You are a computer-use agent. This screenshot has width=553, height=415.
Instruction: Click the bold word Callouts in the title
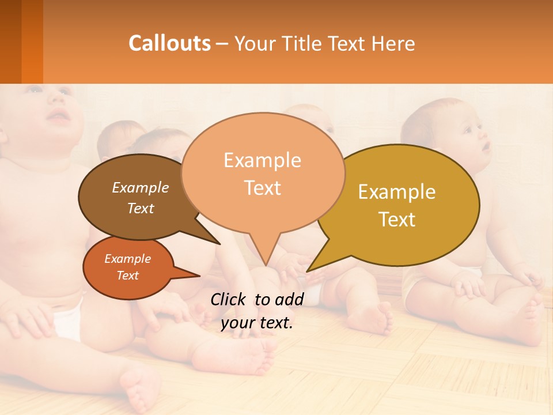tap(169, 43)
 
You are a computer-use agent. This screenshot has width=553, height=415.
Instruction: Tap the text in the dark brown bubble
tap(141, 198)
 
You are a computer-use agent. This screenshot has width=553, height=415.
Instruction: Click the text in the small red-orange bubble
tap(127, 267)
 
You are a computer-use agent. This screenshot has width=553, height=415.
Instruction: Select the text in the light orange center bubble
tap(263, 173)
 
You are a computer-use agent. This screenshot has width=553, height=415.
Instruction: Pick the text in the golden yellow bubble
tap(397, 205)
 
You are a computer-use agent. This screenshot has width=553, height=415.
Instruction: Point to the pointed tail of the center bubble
tap(266, 259)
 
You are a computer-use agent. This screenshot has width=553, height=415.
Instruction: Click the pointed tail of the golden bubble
tap(314, 266)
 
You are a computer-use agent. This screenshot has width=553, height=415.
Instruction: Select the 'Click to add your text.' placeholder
tap(257, 311)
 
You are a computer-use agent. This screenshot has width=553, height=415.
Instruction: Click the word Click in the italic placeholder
tap(229, 299)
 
